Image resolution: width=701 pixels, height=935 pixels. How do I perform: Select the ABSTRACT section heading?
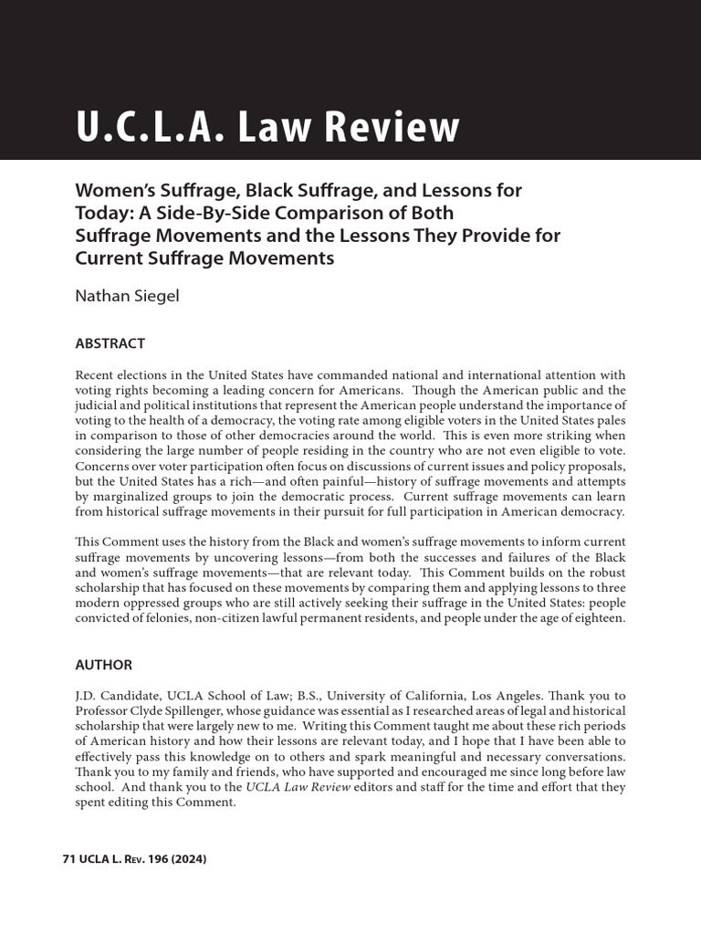pyautogui.click(x=110, y=343)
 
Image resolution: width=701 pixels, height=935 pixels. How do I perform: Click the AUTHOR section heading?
pyautogui.click(x=103, y=665)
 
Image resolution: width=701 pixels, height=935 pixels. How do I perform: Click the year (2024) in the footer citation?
pyautogui.click(x=190, y=860)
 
